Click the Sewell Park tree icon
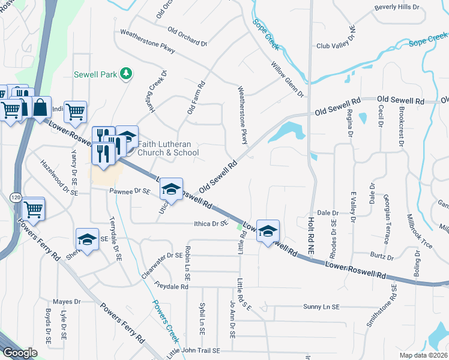126,74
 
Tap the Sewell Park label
95,74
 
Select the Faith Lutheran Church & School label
168,148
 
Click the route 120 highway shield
16,197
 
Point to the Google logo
20,353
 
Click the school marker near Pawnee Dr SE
171,191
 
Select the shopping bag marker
40,108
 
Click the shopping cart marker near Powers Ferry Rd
34,209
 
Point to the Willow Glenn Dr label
288,80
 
